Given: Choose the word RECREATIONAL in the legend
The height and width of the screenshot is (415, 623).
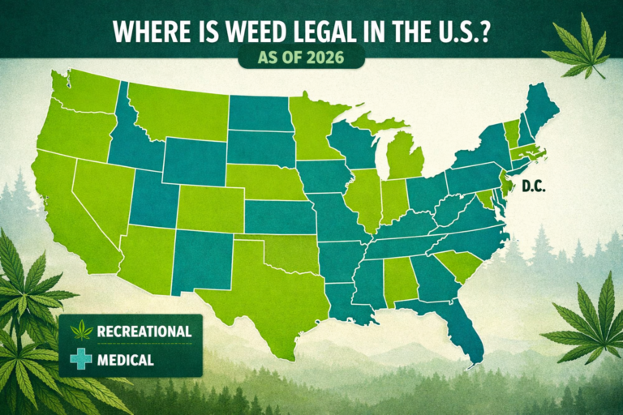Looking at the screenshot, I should coord(144,331).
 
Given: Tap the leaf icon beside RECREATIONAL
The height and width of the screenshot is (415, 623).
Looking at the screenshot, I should coord(81,331).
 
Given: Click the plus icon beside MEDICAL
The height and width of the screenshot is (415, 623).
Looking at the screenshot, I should coord(81,360).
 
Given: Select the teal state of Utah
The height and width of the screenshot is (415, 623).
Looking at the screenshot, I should coord(154,199).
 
